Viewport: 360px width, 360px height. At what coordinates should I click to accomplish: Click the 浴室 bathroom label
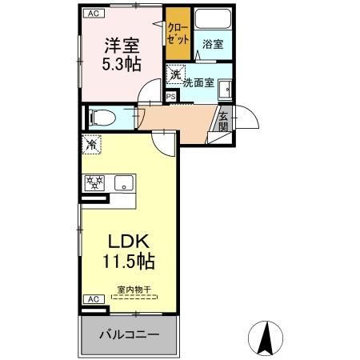[x=212, y=46]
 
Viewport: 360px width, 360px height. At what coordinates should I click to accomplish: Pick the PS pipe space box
[x=170, y=96]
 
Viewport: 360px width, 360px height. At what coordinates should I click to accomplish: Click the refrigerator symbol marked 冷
[x=91, y=146]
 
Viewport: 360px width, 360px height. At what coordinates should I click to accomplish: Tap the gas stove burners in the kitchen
[x=94, y=182]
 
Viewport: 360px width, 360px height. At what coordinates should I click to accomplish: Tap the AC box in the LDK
[x=92, y=299]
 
